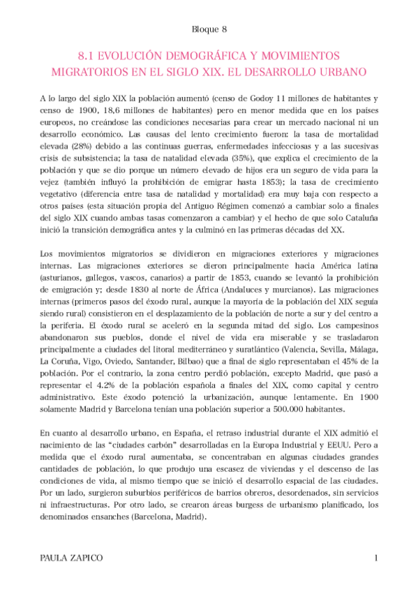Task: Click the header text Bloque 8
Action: pyautogui.click(x=209, y=29)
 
